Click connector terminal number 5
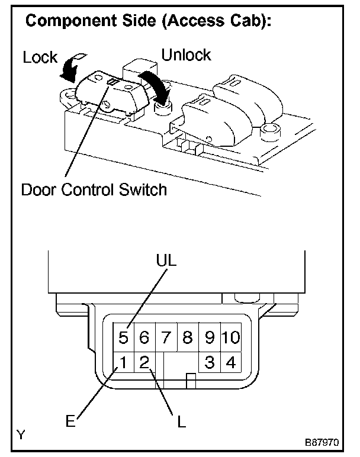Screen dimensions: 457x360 click(124, 338)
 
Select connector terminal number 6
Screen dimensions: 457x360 click(144, 338)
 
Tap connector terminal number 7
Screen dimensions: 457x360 click(166, 338)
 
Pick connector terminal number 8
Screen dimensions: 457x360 click(188, 338)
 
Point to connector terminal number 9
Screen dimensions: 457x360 click(209, 338)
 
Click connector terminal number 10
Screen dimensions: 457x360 click(231, 338)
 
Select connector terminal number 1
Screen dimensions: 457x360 click(124, 362)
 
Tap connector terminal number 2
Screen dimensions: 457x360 click(144, 362)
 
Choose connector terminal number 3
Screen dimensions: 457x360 click(209, 362)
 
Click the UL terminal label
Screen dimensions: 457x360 click(168, 261)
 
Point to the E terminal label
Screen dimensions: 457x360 click(70, 421)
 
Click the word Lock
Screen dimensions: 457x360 click(40, 58)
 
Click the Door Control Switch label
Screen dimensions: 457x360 click(94, 191)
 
